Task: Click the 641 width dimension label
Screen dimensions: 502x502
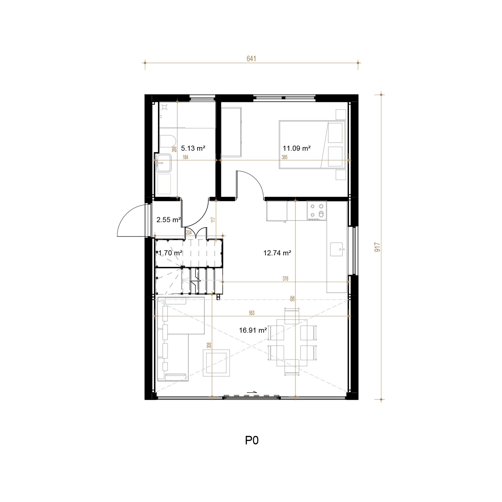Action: click(251, 59)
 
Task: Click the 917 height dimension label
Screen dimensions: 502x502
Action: click(377, 247)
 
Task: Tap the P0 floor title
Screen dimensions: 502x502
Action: click(252, 441)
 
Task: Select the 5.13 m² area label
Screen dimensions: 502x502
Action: click(193, 148)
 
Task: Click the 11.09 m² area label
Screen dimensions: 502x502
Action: click(296, 148)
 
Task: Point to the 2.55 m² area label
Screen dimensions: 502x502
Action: click(169, 220)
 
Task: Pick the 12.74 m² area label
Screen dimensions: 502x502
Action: click(277, 253)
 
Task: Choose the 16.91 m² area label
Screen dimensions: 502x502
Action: click(253, 330)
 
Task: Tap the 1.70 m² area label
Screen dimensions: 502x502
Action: click(170, 253)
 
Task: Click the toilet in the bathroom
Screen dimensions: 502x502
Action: click(168, 141)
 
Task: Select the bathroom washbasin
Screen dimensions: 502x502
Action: click(164, 163)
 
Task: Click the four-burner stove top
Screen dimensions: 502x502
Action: click(317, 211)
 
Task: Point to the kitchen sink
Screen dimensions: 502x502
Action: click(337, 249)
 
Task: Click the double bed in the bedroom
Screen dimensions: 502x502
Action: click(312, 145)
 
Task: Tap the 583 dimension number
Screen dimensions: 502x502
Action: click(252, 313)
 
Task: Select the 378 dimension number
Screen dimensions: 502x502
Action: click(285, 279)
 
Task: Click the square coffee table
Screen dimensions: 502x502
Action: click(216, 363)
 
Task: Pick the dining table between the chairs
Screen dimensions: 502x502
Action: click(292, 343)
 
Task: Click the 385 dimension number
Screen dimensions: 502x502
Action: click(285, 157)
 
